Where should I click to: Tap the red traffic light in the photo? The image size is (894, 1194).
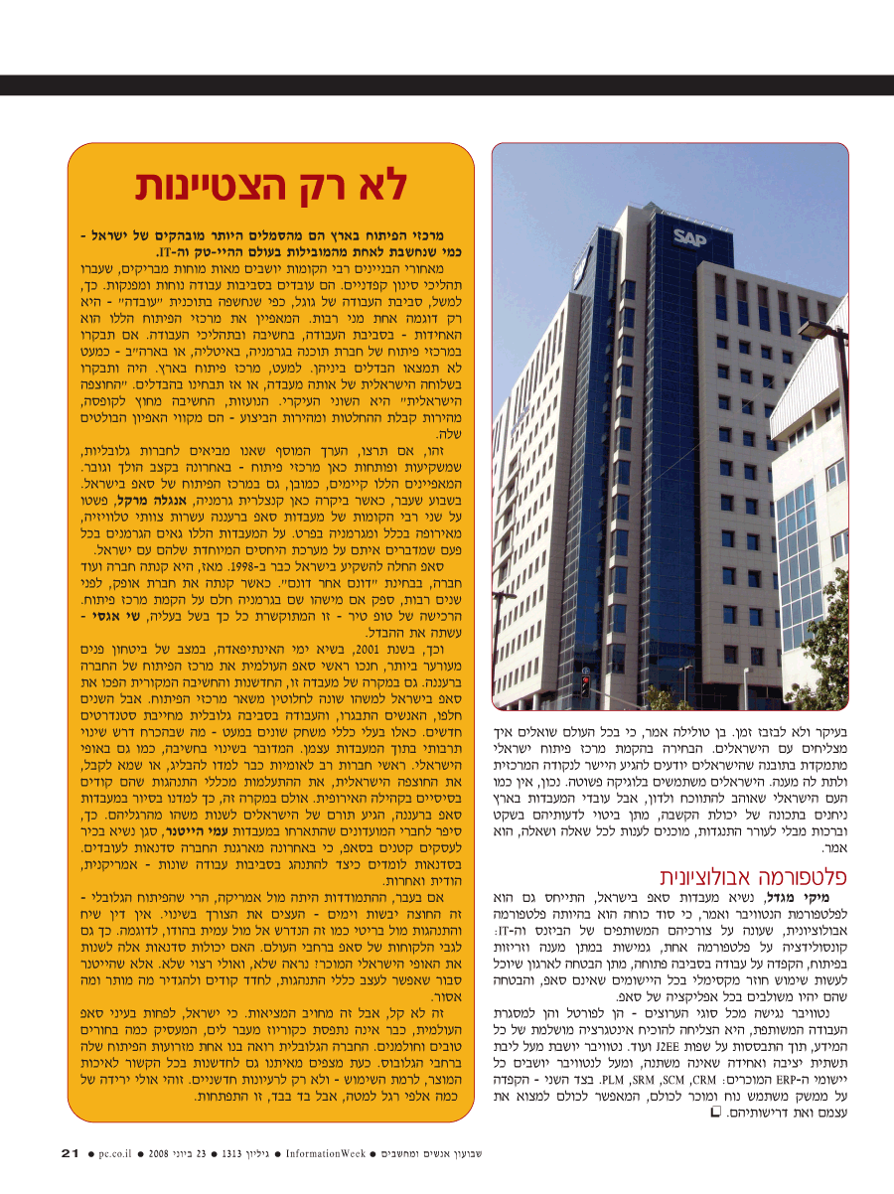(585, 683)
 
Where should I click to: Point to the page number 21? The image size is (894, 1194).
(70, 1153)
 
